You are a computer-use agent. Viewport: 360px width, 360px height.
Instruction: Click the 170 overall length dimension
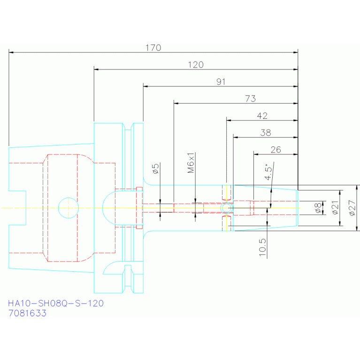[x=153, y=48]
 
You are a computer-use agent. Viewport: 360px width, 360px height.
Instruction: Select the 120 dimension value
[x=196, y=65]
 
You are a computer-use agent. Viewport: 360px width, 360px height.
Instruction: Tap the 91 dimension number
[x=221, y=82]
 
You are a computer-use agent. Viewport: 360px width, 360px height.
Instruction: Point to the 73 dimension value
[x=251, y=99]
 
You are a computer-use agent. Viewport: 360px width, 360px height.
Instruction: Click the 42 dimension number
[x=262, y=116]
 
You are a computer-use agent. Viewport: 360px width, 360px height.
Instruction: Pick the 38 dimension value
[x=266, y=133]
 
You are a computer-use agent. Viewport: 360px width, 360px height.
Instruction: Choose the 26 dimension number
[x=276, y=150]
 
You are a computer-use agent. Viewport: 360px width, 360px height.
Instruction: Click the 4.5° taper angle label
[x=268, y=172]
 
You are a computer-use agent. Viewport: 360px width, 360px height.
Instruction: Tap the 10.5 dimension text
[x=262, y=247]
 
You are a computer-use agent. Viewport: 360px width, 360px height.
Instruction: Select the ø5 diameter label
[x=156, y=169]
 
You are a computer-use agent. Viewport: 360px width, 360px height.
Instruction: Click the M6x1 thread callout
[x=191, y=163]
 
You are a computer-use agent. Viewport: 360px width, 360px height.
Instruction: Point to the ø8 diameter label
[x=318, y=208]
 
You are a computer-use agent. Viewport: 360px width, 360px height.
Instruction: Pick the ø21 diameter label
[x=336, y=207]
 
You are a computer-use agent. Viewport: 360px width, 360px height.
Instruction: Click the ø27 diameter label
[x=352, y=208]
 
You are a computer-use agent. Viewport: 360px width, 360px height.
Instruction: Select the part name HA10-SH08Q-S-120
[x=56, y=303]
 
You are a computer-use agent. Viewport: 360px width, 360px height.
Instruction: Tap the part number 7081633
[x=27, y=313]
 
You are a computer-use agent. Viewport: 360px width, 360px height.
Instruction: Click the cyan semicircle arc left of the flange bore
[x=102, y=208]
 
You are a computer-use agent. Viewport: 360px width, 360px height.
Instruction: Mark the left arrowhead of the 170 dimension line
[x=11, y=53]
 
